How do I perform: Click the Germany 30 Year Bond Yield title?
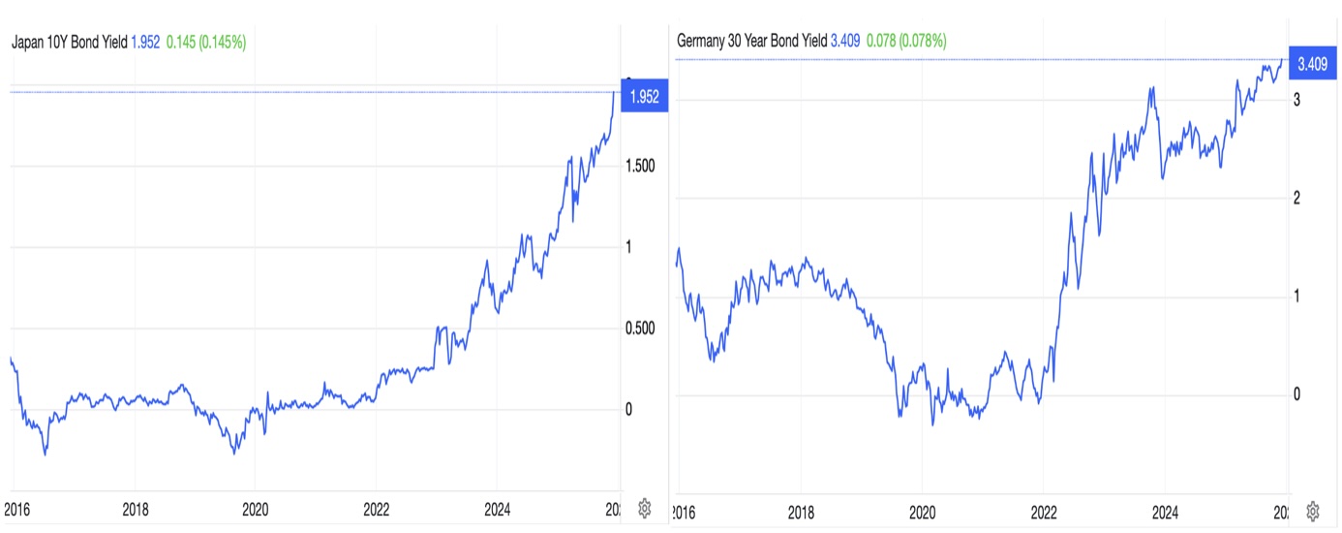[751, 41]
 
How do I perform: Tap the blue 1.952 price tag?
[643, 96]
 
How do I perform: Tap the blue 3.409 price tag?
[1312, 64]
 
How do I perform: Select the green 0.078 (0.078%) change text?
[905, 41]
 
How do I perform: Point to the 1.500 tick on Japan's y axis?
[640, 166]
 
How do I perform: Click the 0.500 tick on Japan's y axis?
[640, 329]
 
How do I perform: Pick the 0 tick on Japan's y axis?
[628, 410]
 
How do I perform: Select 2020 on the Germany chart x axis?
[922, 511]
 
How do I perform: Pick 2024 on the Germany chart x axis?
[1165, 511]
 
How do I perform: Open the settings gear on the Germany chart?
[1313, 511]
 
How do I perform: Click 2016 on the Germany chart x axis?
[684, 511]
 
